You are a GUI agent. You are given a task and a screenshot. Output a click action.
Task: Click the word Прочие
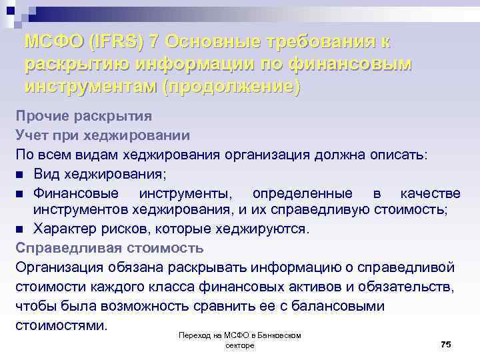click(42, 116)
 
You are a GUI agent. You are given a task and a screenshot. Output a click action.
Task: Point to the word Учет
click(31, 135)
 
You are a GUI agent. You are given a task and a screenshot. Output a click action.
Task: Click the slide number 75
click(445, 343)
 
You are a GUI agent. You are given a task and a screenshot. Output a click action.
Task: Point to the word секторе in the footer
click(240, 347)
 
